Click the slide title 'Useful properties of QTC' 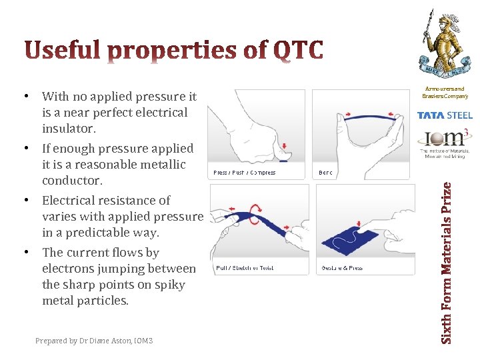click(x=174, y=51)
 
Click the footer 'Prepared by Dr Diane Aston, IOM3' click(x=94, y=341)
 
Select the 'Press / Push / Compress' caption click(x=244, y=173)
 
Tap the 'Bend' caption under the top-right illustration click(x=325, y=173)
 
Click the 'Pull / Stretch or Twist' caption click(x=244, y=268)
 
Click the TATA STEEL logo click(x=445, y=115)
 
